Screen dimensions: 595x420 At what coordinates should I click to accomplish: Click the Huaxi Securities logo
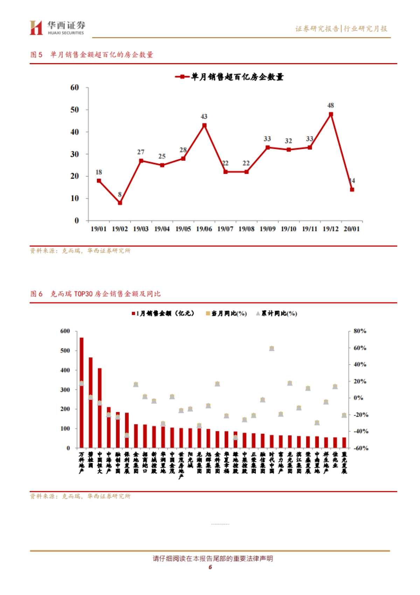[x=57, y=28]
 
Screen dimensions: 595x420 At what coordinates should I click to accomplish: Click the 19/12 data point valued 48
[x=331, y=114]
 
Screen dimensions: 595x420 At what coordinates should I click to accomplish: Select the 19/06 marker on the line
[x=204, y=125]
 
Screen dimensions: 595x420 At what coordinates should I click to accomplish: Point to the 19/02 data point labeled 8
[x=120, y=203]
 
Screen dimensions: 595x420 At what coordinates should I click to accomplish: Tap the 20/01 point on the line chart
[x=352, y=190]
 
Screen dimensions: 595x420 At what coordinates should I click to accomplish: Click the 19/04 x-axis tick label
[x=162, y=229]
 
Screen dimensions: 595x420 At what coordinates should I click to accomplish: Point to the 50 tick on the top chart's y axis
[x=75, y=110]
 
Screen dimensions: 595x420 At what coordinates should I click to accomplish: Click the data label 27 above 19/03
[x=141, y=152]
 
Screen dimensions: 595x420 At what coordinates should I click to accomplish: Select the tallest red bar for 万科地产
[x=82, y=392]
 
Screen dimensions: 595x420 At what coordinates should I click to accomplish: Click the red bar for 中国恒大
[x=100, y=408]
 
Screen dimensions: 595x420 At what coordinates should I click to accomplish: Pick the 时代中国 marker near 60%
[x=272, y=348]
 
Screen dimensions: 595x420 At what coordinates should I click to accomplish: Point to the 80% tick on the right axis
[x=360, y=331]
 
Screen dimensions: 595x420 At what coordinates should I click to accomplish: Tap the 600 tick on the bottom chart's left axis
[x=65, y=331]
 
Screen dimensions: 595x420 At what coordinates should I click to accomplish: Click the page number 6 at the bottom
[x=210, y=567]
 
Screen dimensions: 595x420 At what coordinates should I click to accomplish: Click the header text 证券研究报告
[x=317, y=29]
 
